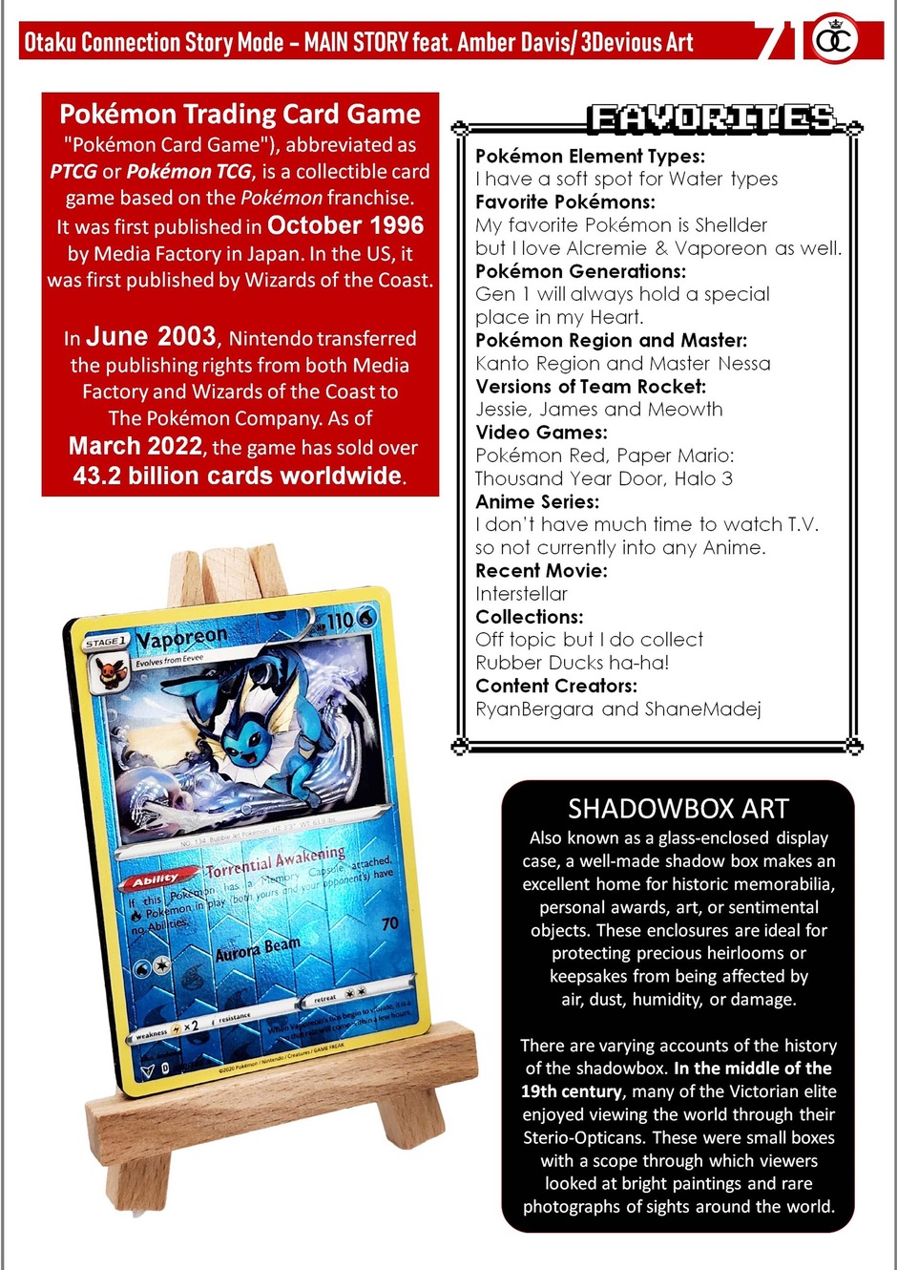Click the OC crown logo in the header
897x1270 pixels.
834,40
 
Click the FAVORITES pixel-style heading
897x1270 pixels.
711,118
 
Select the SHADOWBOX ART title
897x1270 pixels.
678,809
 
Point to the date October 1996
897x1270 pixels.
345,225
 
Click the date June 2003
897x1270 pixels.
151,336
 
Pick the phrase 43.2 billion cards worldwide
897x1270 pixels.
238,476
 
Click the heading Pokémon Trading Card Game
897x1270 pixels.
240,115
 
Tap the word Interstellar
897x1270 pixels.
521,593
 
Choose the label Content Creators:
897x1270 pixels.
556,686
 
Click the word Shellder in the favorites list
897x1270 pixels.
731,225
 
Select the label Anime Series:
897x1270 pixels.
537,501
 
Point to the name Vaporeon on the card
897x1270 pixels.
181,637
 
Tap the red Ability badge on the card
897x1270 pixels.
156,878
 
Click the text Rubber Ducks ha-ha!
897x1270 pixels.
572,663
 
